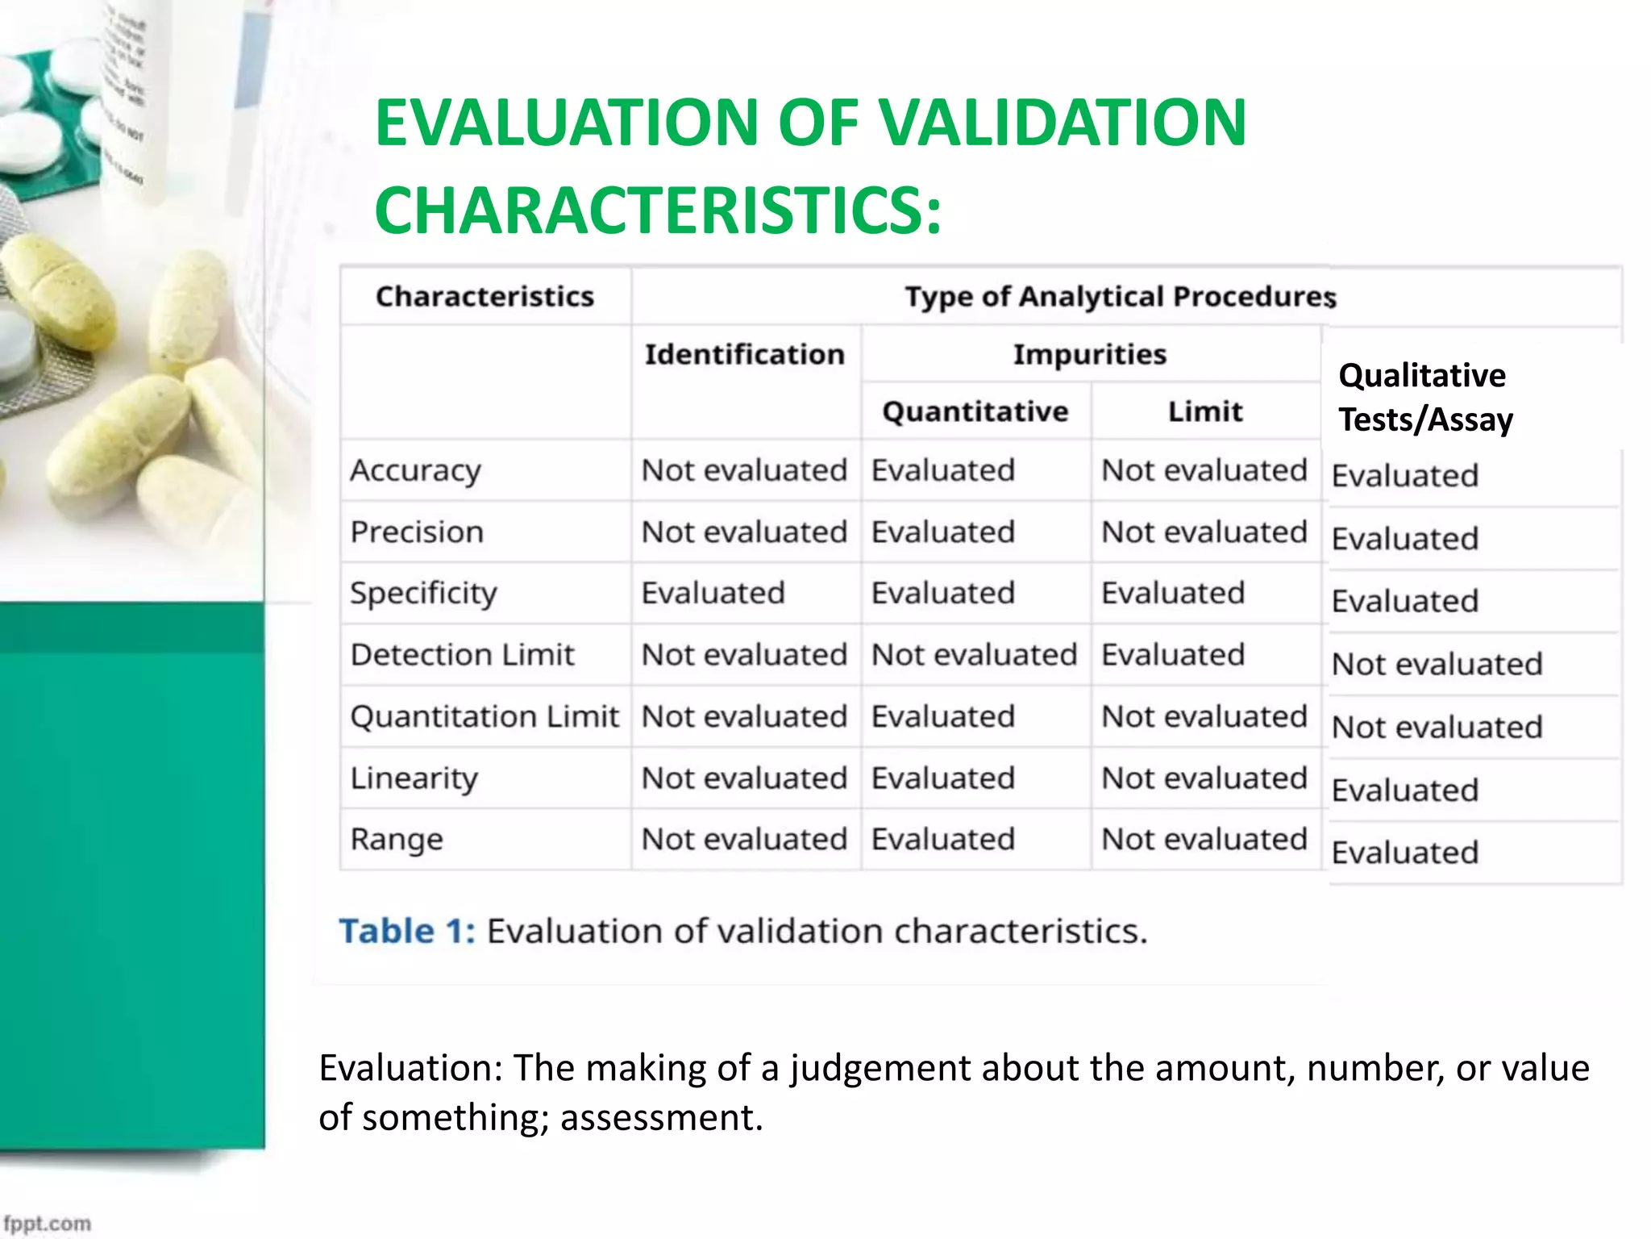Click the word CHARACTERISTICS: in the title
(657, 211)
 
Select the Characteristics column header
(484, 297)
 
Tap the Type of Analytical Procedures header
(1120, 297)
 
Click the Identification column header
(744, 355)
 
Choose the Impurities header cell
(1089, 355)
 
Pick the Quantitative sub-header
(975, 412)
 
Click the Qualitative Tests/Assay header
(1425, 398)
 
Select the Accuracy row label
(415, 470)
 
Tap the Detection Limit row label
(462, 655)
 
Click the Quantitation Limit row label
(484, 716)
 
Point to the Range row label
(396, 840)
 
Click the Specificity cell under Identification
(713, 594)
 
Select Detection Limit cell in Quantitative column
(974, 655)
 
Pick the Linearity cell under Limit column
(1204, 778)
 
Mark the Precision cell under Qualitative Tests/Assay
(1404, 539)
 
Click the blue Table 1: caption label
(407, 932)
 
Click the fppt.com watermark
(48, 1223)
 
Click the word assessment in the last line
(660, 1118)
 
